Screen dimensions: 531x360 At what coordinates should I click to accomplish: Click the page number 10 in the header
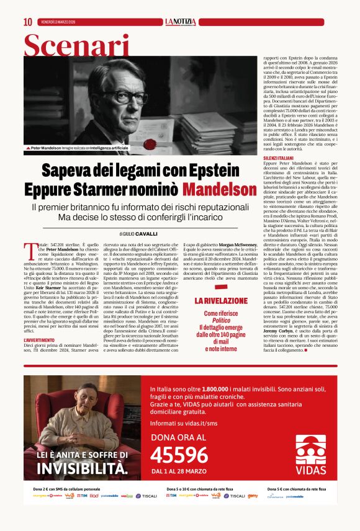[x=28, y=22]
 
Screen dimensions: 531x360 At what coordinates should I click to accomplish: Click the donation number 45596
[x=179, y=456]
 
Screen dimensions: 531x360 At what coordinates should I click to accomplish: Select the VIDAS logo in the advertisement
[x=310, y=460]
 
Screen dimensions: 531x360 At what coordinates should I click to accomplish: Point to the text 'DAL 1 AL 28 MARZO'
[x=179, y=472]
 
